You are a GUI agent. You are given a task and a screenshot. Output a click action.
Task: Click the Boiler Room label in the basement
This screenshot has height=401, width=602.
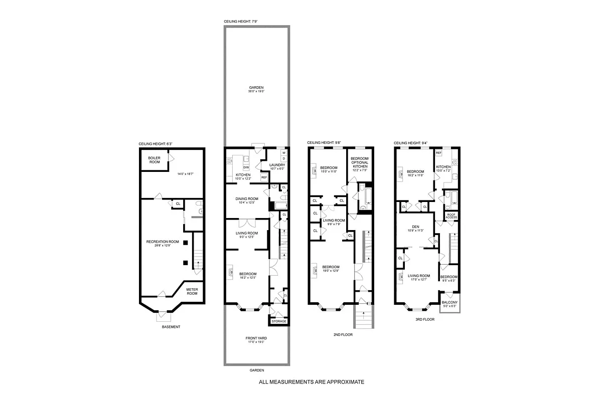(x=154, y=159)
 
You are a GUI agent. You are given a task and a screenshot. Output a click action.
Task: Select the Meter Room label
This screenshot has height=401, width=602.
(x=192, y=291)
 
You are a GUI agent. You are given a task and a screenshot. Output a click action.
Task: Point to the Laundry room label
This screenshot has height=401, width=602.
(x=277, y=165)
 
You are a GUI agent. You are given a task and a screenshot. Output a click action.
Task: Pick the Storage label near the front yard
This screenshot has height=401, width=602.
(x=279, y=321)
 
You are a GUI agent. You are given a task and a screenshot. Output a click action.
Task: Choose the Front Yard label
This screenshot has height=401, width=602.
(x=256, y=338)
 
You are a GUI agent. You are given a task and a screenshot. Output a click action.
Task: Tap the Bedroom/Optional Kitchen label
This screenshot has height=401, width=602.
(x=359, y=161)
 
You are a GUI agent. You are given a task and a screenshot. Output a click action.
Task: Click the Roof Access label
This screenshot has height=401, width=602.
(x=452, y=216)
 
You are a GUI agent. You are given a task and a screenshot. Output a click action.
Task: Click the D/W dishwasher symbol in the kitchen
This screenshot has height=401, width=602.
(x=246, y=167)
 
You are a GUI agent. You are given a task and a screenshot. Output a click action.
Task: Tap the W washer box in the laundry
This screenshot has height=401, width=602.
(x=284, y=152)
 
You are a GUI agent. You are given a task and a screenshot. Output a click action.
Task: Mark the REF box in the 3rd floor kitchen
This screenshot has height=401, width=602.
(x=438, y=152)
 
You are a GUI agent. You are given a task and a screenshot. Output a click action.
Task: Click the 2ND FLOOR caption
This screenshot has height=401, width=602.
(x=343, y=334)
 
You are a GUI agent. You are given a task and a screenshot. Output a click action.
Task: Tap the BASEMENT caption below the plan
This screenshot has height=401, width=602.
(x=171, y=327)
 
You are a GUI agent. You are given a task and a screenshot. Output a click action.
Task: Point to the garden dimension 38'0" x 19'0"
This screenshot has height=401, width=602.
(x=256, y=91)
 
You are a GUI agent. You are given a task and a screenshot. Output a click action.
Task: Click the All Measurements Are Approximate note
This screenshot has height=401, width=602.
(x=311, y=382)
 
